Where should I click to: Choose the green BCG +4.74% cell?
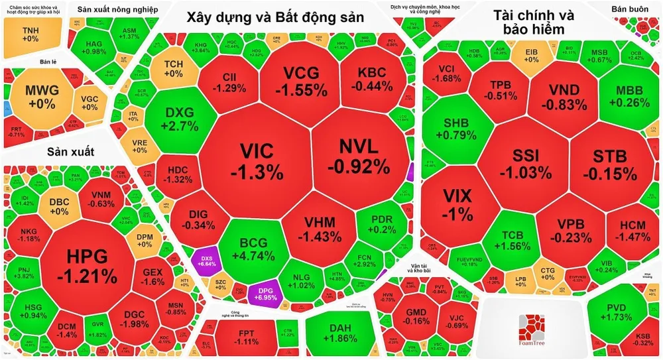254,246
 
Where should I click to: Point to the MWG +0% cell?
41,97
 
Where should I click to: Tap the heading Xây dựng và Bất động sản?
274,18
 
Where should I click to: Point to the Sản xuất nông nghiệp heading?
117,9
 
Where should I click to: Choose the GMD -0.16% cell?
416,316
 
